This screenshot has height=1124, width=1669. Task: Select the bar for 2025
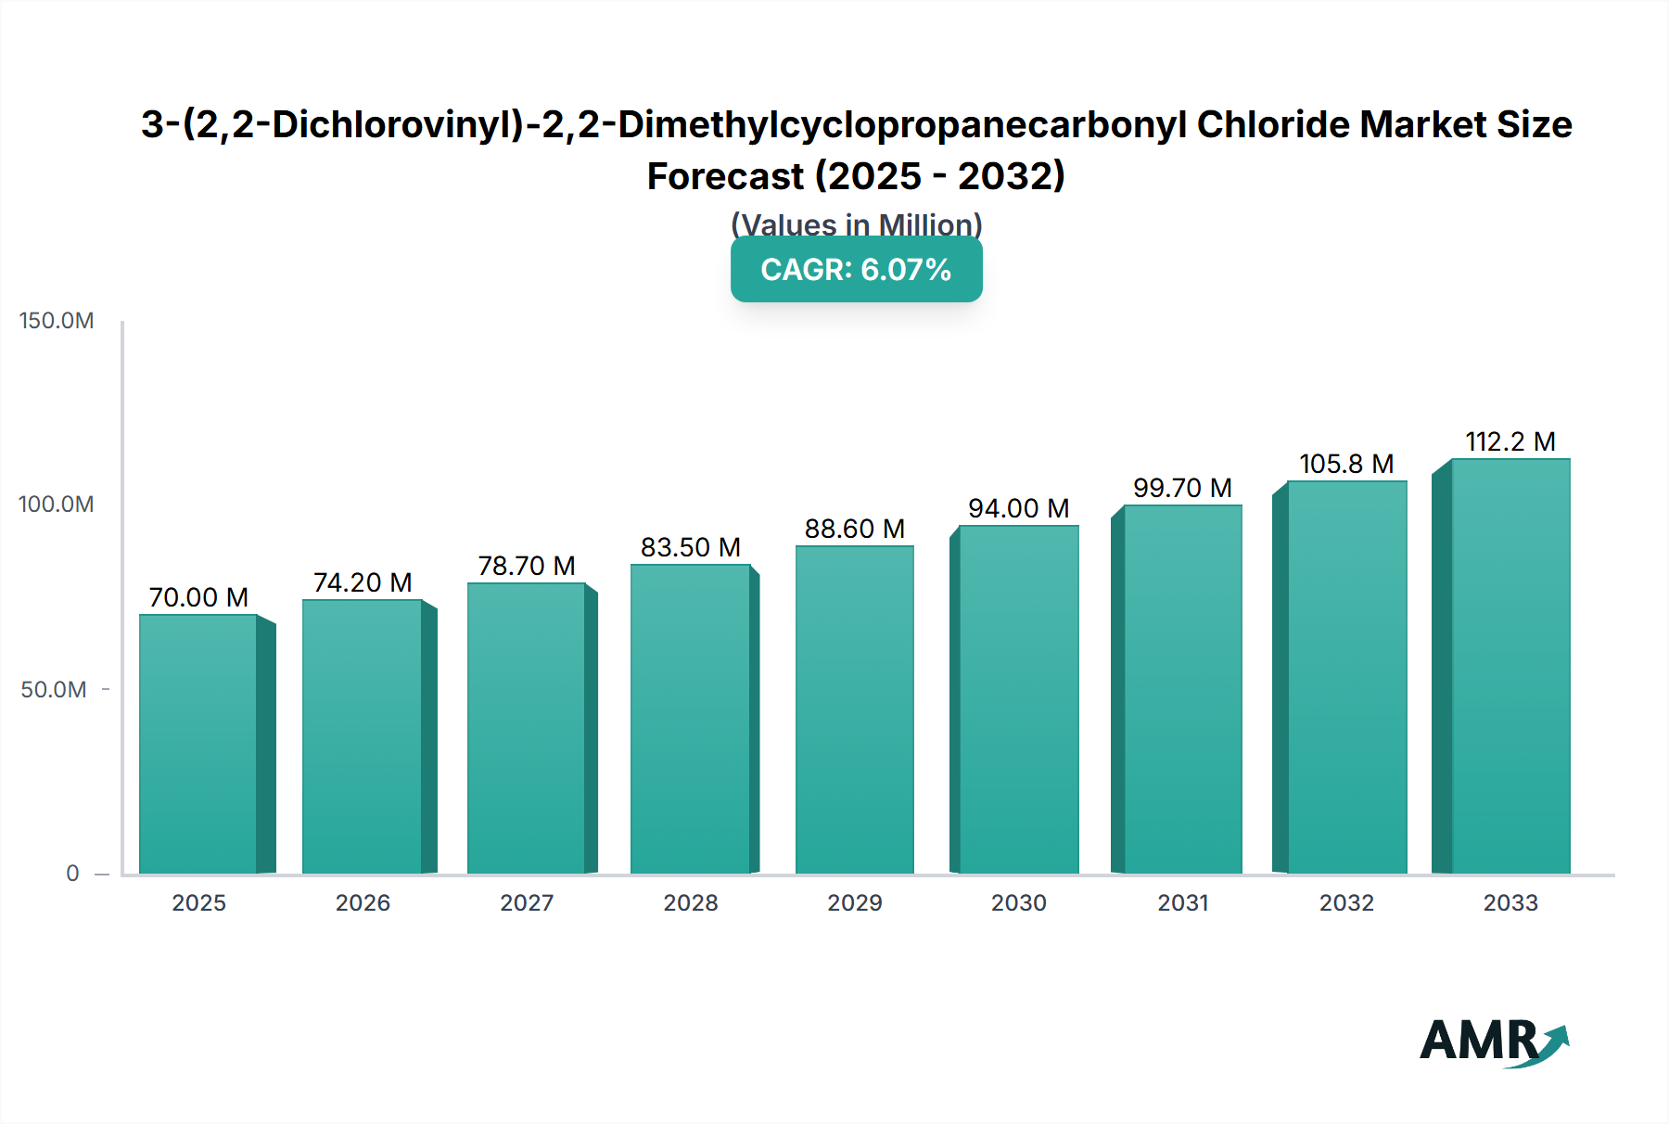[x=198, y=744]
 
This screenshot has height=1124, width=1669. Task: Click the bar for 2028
[x=691, y=719]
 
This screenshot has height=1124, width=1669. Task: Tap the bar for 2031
[x=1182, y=689]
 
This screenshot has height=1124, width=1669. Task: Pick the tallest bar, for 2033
[x=1510, y=666]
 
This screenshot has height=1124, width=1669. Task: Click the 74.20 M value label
[x=363, y=582]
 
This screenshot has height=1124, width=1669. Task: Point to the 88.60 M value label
[x=854, y=529]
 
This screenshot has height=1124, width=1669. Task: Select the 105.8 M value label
[x=1346, y=464]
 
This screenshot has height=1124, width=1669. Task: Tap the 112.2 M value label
[x=1510, y=441]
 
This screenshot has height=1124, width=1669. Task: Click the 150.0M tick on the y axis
[x=57, y=321]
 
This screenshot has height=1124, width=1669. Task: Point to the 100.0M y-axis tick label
[x=57, y=505]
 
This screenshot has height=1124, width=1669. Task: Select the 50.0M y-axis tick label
[x=54, y=689]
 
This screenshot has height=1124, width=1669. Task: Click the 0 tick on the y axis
[x=72, y=873]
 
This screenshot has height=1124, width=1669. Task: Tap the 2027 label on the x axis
[x=527, y=902]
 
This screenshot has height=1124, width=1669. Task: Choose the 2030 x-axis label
[x=1018, y=902]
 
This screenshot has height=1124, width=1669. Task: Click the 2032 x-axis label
[x=1346, y=902]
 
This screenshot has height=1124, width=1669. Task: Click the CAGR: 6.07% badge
[x=856, y=270]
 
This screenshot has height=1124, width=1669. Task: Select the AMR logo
[x=1493, y=1041]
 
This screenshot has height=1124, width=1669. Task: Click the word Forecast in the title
[x=725, y=176]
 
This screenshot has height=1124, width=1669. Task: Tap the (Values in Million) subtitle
[x=856, y=224]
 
